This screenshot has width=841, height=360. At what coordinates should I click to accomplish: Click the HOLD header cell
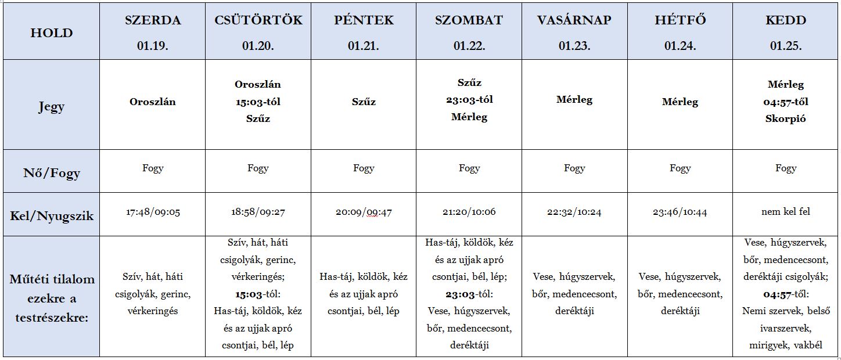51,33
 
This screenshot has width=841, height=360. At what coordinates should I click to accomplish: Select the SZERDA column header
153,20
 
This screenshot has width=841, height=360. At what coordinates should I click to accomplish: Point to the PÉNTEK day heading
364,20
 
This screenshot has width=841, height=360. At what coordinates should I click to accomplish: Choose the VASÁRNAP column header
574,20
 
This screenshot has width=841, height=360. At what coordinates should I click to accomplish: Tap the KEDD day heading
786,20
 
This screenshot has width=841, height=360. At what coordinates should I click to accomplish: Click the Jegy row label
51,107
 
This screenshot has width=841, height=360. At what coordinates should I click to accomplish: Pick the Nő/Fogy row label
51,173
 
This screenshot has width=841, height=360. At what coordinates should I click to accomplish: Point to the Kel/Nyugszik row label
51,216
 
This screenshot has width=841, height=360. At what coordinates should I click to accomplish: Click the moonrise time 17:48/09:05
153,212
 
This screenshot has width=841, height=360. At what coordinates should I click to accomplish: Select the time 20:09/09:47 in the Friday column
364,212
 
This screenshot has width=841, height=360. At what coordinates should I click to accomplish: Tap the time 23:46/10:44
680,212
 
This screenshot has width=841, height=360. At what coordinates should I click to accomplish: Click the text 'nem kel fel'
786,212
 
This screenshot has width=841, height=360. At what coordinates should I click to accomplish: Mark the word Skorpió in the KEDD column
786,118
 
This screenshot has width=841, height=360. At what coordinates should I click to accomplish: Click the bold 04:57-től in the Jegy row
786,102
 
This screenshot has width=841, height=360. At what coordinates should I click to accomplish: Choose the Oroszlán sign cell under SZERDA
153,102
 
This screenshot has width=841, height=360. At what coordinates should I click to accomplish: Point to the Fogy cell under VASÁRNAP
574,168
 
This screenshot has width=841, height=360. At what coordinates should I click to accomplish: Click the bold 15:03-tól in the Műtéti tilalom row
249,294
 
